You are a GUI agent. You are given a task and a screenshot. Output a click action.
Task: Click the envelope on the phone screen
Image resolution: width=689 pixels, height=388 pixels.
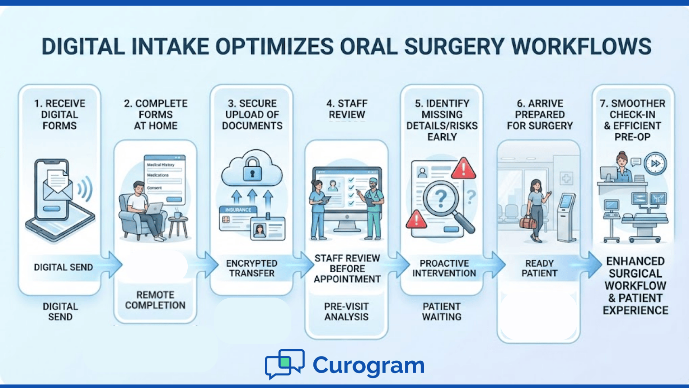pyautogui.click(x=57, y=187)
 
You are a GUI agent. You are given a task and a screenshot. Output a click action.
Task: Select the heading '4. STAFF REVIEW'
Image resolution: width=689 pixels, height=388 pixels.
pyautogui.click(x=347, y=109)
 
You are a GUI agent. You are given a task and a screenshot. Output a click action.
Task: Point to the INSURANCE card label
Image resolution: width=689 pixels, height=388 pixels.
pyautogui.click(x=238, y=210)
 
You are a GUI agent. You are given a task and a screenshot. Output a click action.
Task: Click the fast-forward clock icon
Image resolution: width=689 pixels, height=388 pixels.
pyautogui.click(x=655, y=163)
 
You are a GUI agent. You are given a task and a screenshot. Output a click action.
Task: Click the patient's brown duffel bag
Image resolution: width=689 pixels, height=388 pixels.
pyautogui.click(x=528, y=222)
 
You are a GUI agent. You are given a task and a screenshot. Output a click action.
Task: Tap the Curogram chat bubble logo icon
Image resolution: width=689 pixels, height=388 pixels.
pyautogui.click(x=285, y=364)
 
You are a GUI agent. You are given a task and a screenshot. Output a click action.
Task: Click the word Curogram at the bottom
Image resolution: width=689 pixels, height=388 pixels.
pyautogui.click(x=369, y=365)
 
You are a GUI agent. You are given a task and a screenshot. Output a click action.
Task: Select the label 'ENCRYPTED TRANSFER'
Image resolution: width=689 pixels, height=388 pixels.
pyautogui.click(x=252, y=268)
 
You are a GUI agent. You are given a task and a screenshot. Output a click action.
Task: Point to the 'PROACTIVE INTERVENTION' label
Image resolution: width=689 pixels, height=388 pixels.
pyautogui.click(x=444, y=268)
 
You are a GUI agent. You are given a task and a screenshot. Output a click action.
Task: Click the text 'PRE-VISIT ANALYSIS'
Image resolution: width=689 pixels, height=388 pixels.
pyautogui.click(x=346, y=311)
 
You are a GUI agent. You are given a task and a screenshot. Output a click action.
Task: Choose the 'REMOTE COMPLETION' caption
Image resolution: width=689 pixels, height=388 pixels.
pyautogui.click(x=155, y=300)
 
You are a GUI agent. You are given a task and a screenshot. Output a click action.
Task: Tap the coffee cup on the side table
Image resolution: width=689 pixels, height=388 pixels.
pyautogui.click(x=178, y=214)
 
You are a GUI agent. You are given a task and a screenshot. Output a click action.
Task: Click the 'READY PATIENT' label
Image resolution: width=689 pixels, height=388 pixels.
pyautogui.click(x=539, y=268)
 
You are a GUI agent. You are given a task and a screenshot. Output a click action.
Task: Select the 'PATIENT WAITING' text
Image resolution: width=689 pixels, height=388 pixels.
pyautogui.click(x=441, y=311)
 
